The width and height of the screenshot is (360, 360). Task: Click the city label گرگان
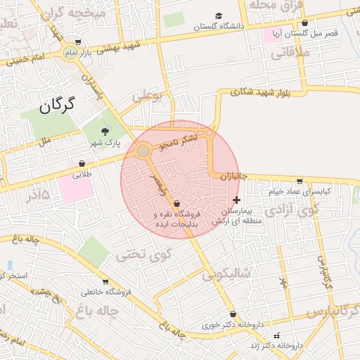coord(56,108)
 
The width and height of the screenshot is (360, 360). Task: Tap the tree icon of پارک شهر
coord(105,131)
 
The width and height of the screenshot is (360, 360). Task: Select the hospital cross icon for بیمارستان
coord(236,200)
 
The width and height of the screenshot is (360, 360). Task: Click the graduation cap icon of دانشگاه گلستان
coord(219,15)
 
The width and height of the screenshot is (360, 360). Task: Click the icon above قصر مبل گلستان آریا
coord(304,23)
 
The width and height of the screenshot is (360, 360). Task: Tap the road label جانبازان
coord(234,176)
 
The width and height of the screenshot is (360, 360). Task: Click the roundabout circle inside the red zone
coord(143,151)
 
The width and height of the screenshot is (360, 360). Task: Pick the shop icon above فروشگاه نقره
coord(176,203)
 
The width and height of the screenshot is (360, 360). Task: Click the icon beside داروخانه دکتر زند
coord(276,335)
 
